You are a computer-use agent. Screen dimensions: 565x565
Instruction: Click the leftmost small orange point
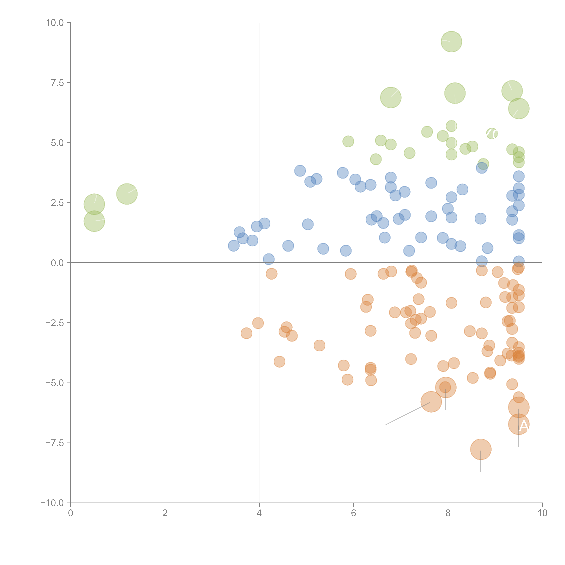(247, 333)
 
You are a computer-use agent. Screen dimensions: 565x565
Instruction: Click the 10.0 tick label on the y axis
(55, 23)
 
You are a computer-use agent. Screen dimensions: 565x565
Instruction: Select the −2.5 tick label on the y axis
(55, 323)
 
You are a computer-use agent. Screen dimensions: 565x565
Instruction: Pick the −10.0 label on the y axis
(52, 503)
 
